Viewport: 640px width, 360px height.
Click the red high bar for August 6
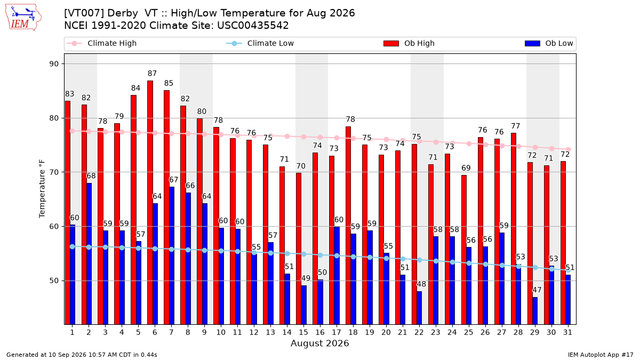tap(150, 203)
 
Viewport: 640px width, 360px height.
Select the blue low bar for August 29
tap(535, 311)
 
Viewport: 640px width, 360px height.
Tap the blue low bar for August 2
tap(89, 254)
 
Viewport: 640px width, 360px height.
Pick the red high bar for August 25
tap(463, 250)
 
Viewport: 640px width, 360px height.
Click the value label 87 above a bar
tap(152, 74)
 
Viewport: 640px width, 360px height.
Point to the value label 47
tap(537, 290)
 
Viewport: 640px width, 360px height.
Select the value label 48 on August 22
tap(421, 284)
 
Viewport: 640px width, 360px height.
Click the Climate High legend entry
tap(102, 43)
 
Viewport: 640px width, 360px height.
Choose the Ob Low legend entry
tap(549, 43)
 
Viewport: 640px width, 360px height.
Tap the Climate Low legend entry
tap(260, 43)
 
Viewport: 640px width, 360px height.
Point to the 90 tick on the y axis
tap(54, 63)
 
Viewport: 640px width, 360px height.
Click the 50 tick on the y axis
tap(54, 281)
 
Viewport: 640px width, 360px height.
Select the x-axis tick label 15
tap(303, 332)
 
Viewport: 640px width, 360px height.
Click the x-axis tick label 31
tap(567, 332)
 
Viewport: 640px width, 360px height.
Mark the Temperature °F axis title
tap(42, 189)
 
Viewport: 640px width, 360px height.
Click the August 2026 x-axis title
tap(319, 343)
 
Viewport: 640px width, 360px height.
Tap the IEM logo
tap(23, 18)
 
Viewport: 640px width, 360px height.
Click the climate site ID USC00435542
tap(253, 26)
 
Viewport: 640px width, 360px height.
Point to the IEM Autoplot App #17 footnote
tap(601, 355)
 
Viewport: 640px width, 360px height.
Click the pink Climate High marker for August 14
tap(287, 137)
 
